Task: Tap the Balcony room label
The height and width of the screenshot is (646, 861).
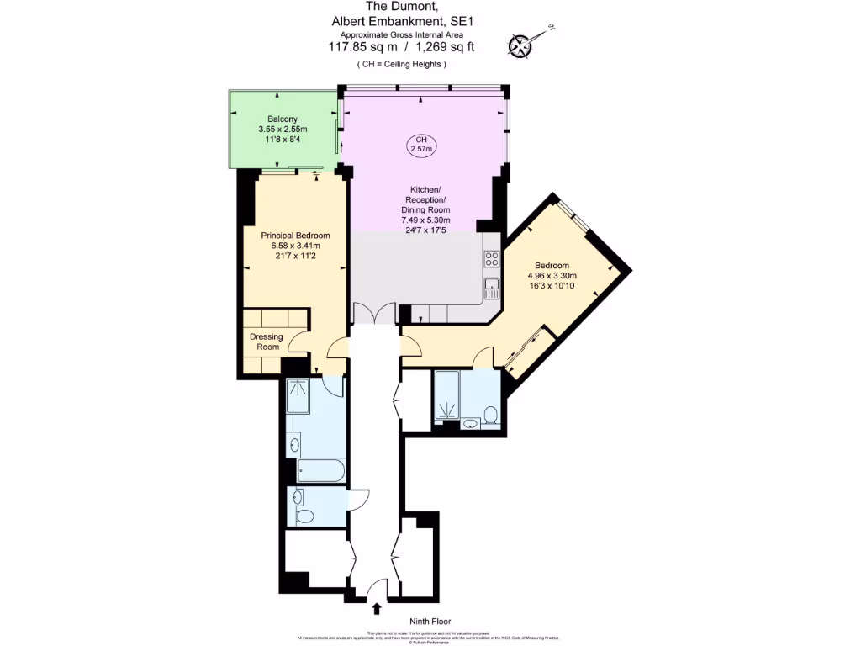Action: [283, 119]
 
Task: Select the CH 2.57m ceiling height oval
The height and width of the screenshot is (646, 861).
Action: [420, 144]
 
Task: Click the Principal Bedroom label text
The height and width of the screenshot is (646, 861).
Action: [294, 236]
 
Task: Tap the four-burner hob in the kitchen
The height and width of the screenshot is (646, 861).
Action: [492, 260]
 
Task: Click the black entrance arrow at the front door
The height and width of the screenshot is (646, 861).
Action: [376, 607]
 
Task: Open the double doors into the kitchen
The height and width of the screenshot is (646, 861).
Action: [372, 313]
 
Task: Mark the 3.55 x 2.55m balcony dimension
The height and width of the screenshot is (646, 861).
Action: [283, 130]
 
